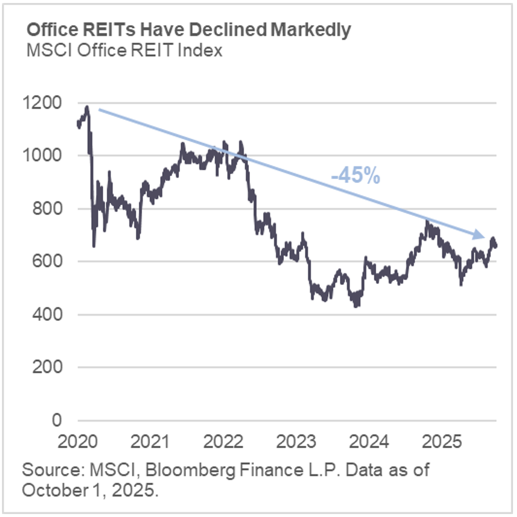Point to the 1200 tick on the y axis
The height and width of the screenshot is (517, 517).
[44, 103]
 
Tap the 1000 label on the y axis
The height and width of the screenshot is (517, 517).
[44, 156]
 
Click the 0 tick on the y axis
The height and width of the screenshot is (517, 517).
[55, 420]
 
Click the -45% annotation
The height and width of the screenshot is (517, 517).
[355, 176]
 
